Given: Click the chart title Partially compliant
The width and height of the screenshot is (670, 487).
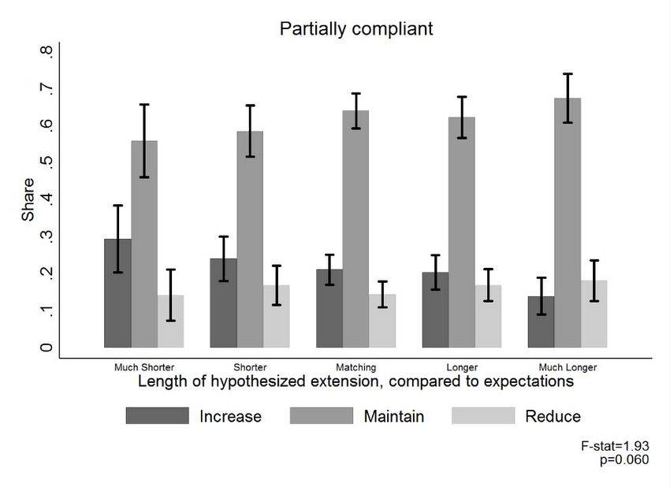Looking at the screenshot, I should (x=356, y=29).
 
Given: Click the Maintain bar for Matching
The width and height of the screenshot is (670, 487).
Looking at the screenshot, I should (x=355, y=229).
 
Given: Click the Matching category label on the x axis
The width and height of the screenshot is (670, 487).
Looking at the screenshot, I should (x=355, y=367).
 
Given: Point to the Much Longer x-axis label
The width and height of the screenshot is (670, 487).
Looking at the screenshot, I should (x=568, y=367).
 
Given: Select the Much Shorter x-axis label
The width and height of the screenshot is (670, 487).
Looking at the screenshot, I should (x=144, y=367).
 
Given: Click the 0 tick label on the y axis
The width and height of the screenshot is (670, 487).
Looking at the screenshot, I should (x=47, y=348).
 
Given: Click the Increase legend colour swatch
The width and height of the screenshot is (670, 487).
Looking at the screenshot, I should (x=157, y=416).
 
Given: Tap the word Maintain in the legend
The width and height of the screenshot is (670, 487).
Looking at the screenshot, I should (x=393, y=416).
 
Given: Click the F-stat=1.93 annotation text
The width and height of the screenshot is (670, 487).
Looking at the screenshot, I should (x=615, y=447).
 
